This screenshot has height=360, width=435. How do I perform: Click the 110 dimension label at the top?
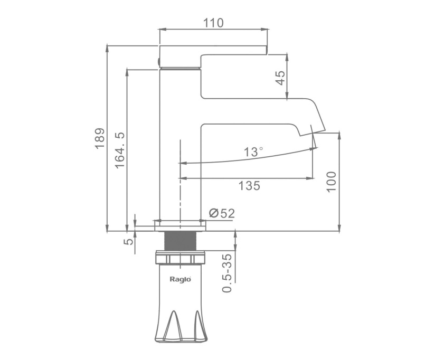pyautogui.click(x=213, y=23)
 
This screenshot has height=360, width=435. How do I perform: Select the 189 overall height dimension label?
pyautogui.click(x=100, y=138)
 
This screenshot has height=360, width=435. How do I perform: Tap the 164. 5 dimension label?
pyautogui.click(x=120, y=150)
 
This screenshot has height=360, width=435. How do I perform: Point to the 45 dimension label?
pyautogui.click(x=280, y=78)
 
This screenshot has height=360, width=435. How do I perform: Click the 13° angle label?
pyautogui.click(x=253, y=152)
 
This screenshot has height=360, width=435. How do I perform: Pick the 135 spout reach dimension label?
pyautogui.click(x=249, y=186)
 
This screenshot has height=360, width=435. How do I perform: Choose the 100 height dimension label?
pyautogui.click(x=331, y=182)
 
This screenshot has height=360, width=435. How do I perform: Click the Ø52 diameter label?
pyautogui.click(x=222, y=213)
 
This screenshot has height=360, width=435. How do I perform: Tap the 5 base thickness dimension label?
pyautogui.click(x=128, y=241)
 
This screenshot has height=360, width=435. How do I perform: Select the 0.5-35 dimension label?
pyautogui.click(x=227, y=273)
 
